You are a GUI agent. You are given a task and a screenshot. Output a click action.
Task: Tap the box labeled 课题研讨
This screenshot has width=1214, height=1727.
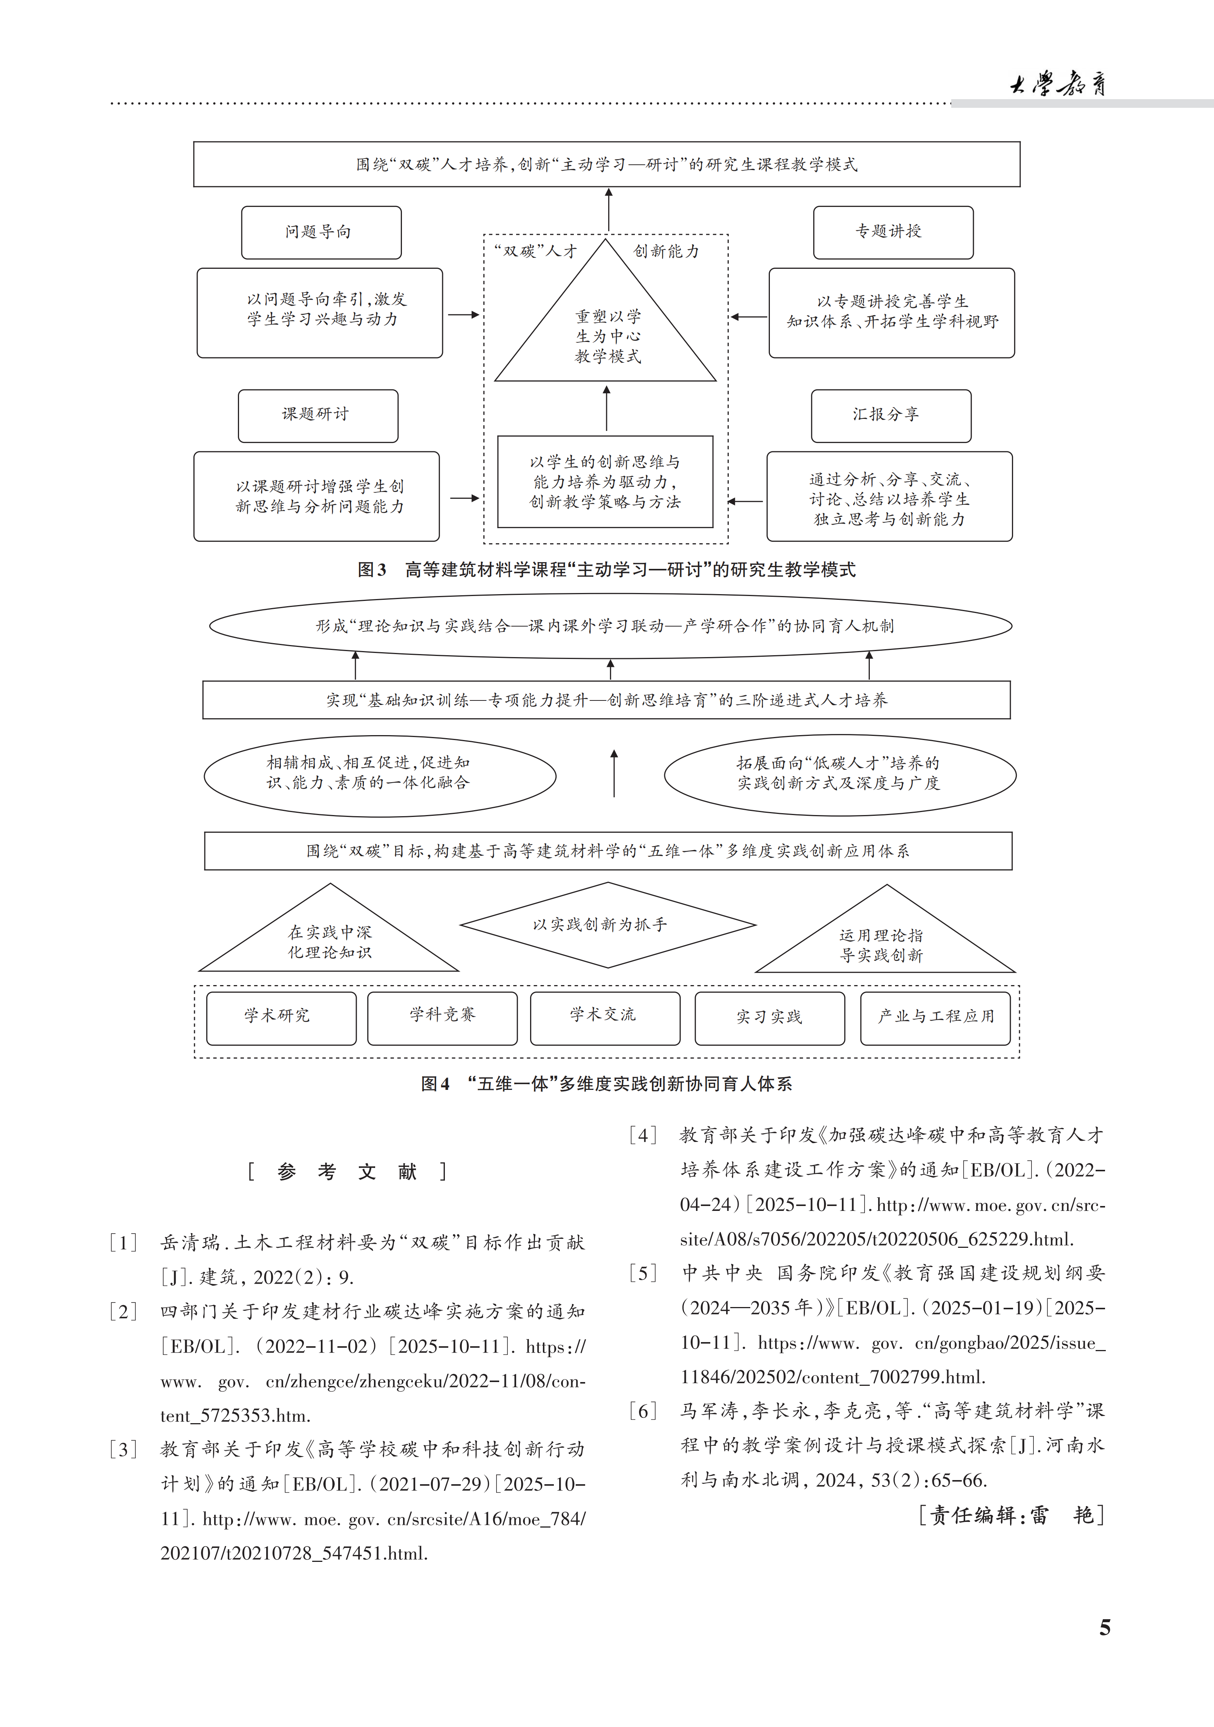[x=317, y=415]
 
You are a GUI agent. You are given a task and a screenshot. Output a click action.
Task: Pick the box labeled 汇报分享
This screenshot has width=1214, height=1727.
[x=891, y=415]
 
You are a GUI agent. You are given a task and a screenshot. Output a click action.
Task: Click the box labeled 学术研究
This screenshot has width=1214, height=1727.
[x=281, y=1018]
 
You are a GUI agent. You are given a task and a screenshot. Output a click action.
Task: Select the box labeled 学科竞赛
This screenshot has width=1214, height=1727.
[x=442, y=1018]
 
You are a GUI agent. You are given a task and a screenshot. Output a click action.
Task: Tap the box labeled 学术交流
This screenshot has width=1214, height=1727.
[x=605, y=1018]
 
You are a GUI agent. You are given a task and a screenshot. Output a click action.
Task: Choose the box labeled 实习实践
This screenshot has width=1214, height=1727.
[x=769, y=1018]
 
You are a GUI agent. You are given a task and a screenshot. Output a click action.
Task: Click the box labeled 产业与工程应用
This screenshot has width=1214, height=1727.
[x=935, y=1018]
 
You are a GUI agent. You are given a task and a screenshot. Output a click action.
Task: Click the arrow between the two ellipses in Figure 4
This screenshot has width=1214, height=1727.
[x=614, y=773]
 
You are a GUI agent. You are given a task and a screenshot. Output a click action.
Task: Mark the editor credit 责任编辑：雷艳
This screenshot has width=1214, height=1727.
[x=1011, y=1515]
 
